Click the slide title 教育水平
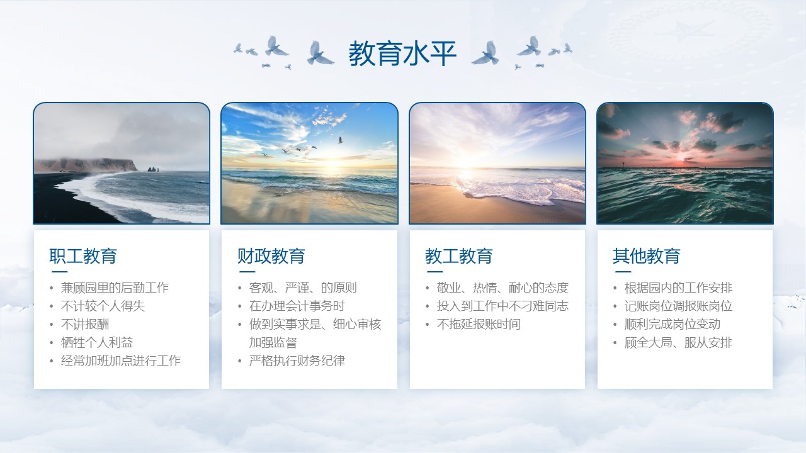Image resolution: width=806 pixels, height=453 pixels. [402, 53]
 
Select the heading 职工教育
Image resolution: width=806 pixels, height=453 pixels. [83, 256]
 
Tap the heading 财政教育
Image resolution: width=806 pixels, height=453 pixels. [271, 256]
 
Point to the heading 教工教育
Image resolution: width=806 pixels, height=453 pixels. [459, 256]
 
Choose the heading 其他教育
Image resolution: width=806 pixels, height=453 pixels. [647, 256]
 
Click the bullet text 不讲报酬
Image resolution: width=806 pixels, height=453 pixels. [85, 324]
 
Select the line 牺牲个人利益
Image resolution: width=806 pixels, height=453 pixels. [97, 342]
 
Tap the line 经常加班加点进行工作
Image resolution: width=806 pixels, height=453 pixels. [120, 361]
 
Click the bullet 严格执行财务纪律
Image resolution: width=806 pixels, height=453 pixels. [297, 361]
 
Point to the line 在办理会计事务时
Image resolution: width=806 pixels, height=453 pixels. [297, 306]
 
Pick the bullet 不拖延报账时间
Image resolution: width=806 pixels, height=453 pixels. [479, 324]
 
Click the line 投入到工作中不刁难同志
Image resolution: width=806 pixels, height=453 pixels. [502, 306]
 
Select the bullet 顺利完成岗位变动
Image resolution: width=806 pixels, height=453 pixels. [672, 324]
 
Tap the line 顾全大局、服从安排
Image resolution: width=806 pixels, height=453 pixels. [678, 342]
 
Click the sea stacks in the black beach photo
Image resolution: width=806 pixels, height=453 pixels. [153, 169]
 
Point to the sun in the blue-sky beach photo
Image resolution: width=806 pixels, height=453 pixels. [331, 164]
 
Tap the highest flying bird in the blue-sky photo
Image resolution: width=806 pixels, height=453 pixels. [340, 140]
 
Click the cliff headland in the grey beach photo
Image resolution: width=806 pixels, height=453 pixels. [86, 165]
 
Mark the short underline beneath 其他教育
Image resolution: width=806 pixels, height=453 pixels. [623, 272]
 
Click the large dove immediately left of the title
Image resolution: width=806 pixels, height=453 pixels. [319, 53]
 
